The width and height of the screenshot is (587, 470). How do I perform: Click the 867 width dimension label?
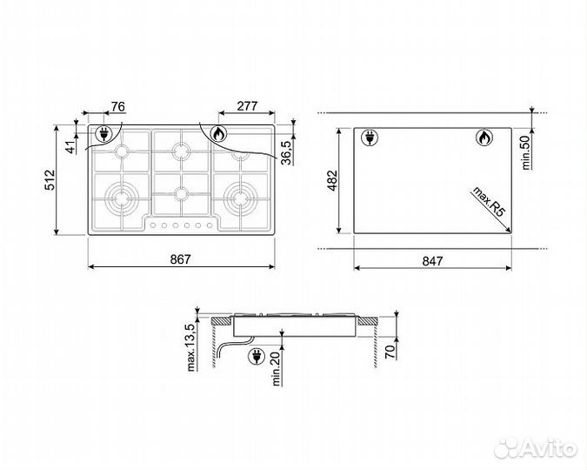click(180, 258)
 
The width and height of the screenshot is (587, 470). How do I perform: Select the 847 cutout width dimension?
click(433, 259)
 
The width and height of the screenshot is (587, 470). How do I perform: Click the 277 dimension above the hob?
click(247, 107)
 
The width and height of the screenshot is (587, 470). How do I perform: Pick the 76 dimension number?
click(119, 107)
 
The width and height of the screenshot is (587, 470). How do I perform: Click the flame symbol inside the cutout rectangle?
click(483, 138)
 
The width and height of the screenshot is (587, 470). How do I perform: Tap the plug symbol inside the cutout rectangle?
click(368, 138)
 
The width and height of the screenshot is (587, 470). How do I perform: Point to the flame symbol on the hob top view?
click(217, 134)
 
